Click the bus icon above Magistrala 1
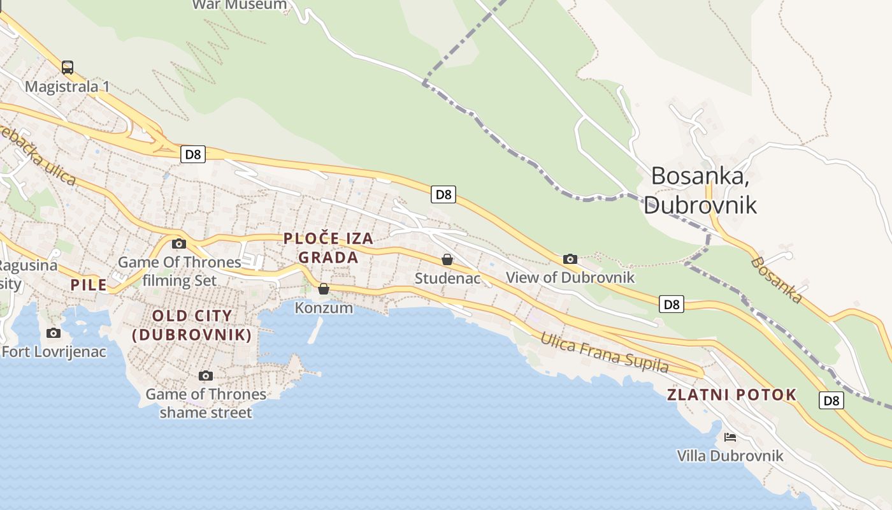pos(68,67)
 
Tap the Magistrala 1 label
pos(68,86)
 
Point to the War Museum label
pos(240,4)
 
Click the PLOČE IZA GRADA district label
pos(328,248)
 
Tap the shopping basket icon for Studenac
pos(447,259)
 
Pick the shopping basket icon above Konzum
pos(324,289)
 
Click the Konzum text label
pos(324,308)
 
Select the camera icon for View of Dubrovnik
pos(570,259)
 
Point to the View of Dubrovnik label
pos(570,277)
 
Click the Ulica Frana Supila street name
pos(604,353)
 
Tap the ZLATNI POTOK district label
pos(731,395)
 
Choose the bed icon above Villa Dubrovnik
pos(730,437)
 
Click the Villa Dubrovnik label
pos(730,456)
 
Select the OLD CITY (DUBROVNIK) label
pos(192,325)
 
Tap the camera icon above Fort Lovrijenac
pos(54,333)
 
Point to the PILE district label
pos(89,285)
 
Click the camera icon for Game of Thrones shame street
pos(205,375)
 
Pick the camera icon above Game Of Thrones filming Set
pos(179,244)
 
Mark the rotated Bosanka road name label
pos(775,280)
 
